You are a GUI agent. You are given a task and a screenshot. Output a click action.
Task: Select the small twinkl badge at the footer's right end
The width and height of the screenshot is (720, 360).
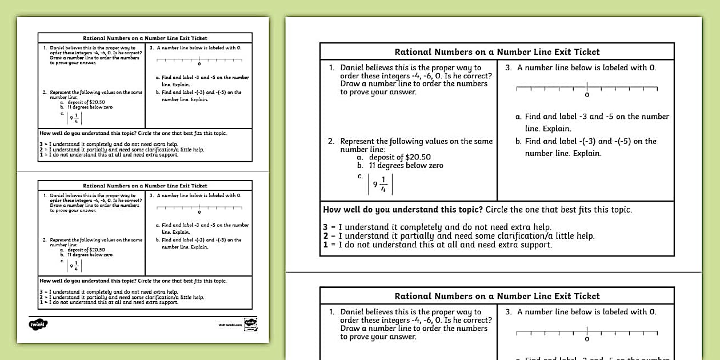click(x=250, y=324)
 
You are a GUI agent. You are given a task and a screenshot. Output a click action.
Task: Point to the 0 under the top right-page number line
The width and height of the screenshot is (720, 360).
click(x=587, y=95)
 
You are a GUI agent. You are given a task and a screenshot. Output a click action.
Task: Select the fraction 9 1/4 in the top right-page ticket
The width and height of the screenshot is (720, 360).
click(x=380, y=184)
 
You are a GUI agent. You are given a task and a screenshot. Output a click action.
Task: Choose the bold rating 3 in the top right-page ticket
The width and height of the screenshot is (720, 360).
click(x=325, y=227)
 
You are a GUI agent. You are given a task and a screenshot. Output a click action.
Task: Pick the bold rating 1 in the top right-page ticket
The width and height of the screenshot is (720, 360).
click(x=325, y=245)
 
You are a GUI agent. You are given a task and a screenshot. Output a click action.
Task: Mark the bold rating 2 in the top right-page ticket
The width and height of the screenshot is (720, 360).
click(x=325, y=236)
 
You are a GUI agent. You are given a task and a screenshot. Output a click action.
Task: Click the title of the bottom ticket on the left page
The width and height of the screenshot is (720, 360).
click(x=145, y=186)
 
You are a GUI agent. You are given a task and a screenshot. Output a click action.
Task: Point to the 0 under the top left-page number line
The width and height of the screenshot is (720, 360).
click(x=199, y=63)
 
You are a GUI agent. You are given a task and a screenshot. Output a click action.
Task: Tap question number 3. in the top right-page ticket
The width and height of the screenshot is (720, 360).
click(x=509, y=67)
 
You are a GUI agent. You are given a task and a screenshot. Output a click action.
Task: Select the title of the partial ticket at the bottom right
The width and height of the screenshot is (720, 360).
click(x=497, y=296)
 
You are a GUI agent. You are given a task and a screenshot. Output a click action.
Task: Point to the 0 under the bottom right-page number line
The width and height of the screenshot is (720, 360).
click(x=587, y=339)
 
